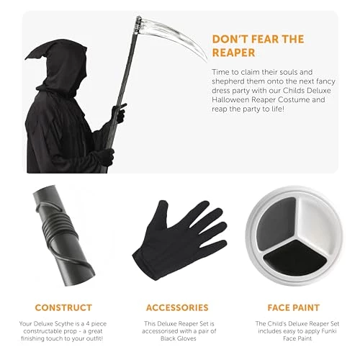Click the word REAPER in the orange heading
click(x=233, y=53)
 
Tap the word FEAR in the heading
click(x=263, y=39)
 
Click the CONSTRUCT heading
click(x=63, y=307)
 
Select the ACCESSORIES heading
click(x=177, y=307)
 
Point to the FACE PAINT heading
click(x=294, y=307)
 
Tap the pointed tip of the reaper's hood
click(x=26, y=58)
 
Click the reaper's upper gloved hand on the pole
click(x=119, y=113)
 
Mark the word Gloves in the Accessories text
click(x=186, y=338)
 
